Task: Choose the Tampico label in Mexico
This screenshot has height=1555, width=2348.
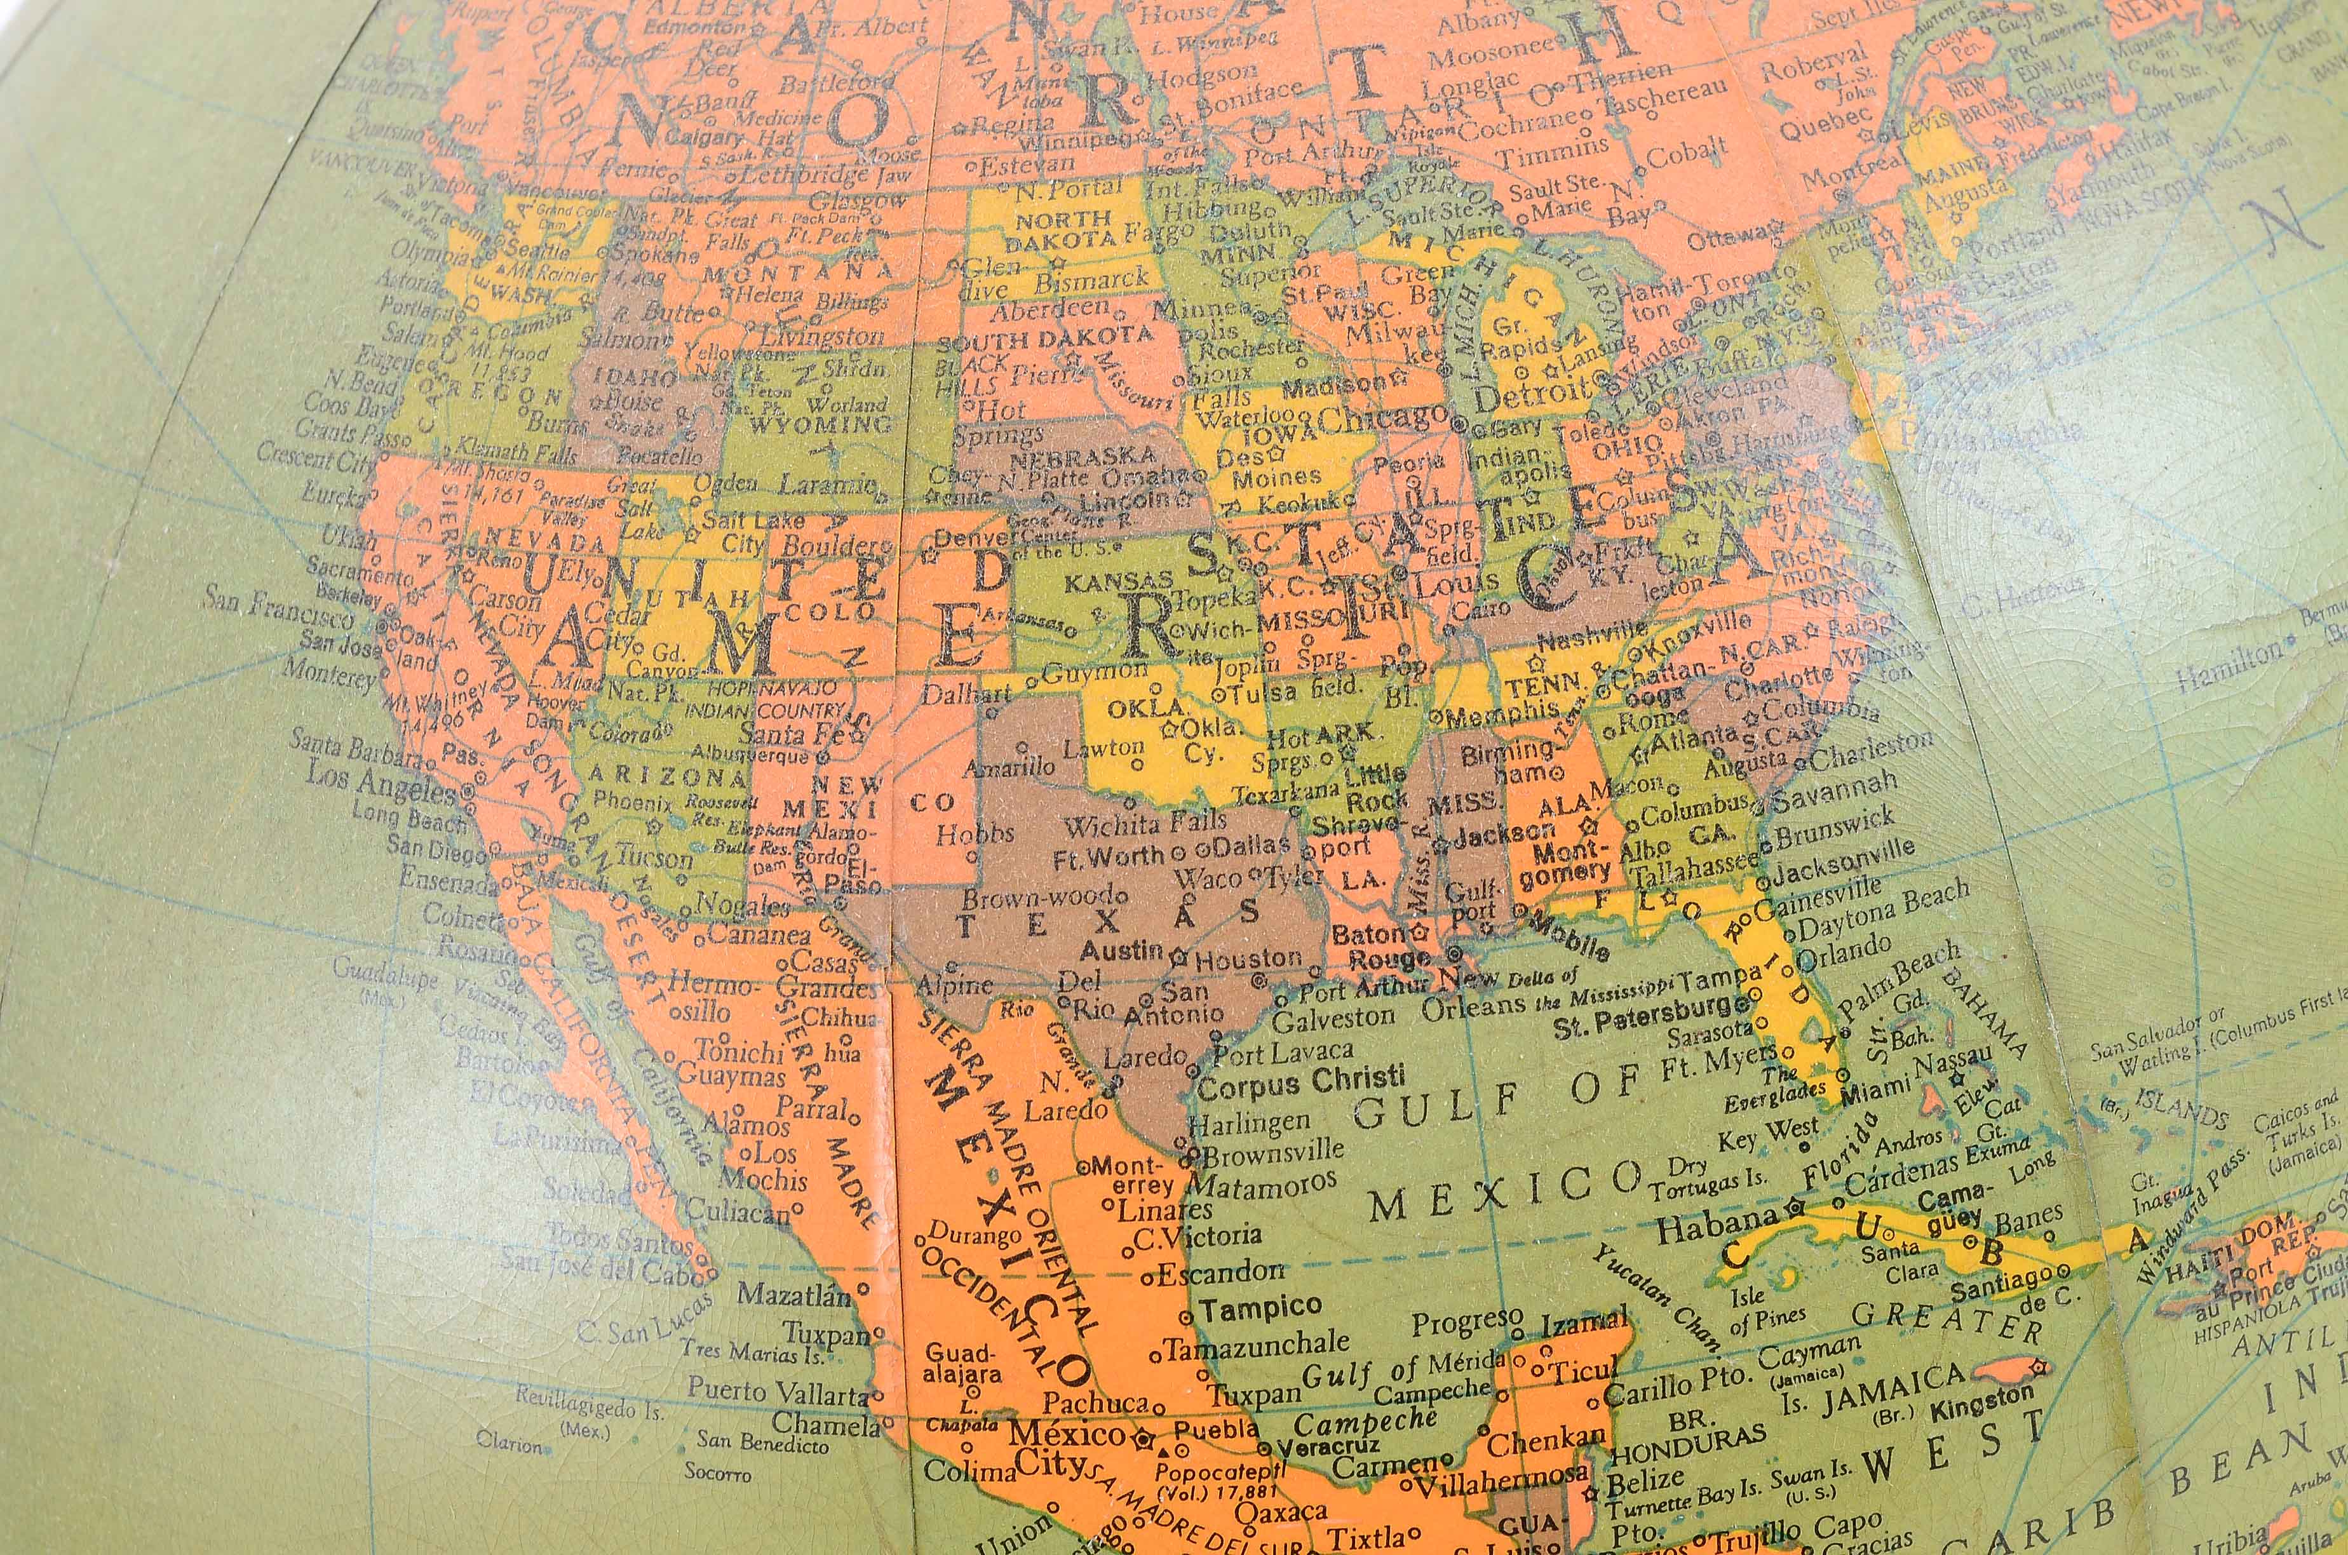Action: coord(1260,1308)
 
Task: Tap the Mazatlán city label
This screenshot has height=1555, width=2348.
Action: coord(795,1294)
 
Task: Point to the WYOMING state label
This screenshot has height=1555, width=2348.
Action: coord(820,426)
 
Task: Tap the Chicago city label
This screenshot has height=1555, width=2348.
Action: coord(1382,419)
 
